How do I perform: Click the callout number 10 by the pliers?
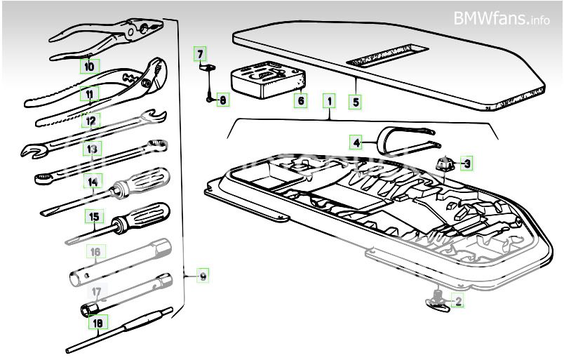tap(89, 67)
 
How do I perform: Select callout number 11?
tap(89, 93)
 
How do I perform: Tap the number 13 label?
tap(91, 148)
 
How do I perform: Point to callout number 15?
tap(94, 216)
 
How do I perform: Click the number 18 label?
tap(97, 323)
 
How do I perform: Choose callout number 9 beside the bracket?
tap(203, 277)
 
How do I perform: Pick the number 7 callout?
tap(201, 53)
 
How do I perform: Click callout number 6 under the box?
tap(301, 100)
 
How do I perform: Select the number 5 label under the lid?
tap(356, 102)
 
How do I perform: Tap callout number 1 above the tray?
tap(328, 100)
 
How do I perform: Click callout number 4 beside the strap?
tap(357, 142)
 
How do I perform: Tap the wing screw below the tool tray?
tap(438, 301)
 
